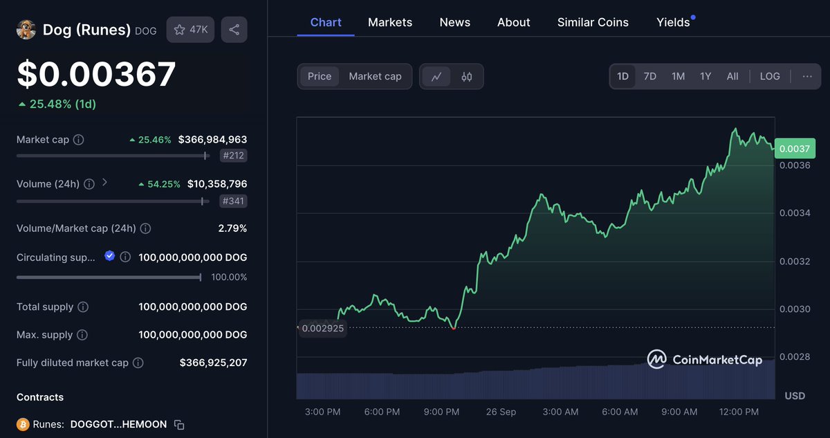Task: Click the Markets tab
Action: (390, 22)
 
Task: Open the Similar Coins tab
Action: (593, 22)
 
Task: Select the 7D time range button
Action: (650, 76)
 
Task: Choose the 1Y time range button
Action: (705, 76)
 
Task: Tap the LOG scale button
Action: (770, 76)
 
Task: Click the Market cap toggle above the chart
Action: (375, 76)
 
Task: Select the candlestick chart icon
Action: (467, 77)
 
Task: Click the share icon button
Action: (234, 30)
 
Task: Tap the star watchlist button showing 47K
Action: (190, 30)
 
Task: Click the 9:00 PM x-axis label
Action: (441, 412)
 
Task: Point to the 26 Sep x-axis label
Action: (501, 412)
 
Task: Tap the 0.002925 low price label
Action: (322, 328)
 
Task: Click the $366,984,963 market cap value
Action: (212, 140)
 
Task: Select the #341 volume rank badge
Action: (234, 201)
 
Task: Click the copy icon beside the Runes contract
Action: (179, 424)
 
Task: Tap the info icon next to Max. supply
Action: (82, 335)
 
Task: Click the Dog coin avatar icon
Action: (26, 30)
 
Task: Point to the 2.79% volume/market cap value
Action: (232, 228)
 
